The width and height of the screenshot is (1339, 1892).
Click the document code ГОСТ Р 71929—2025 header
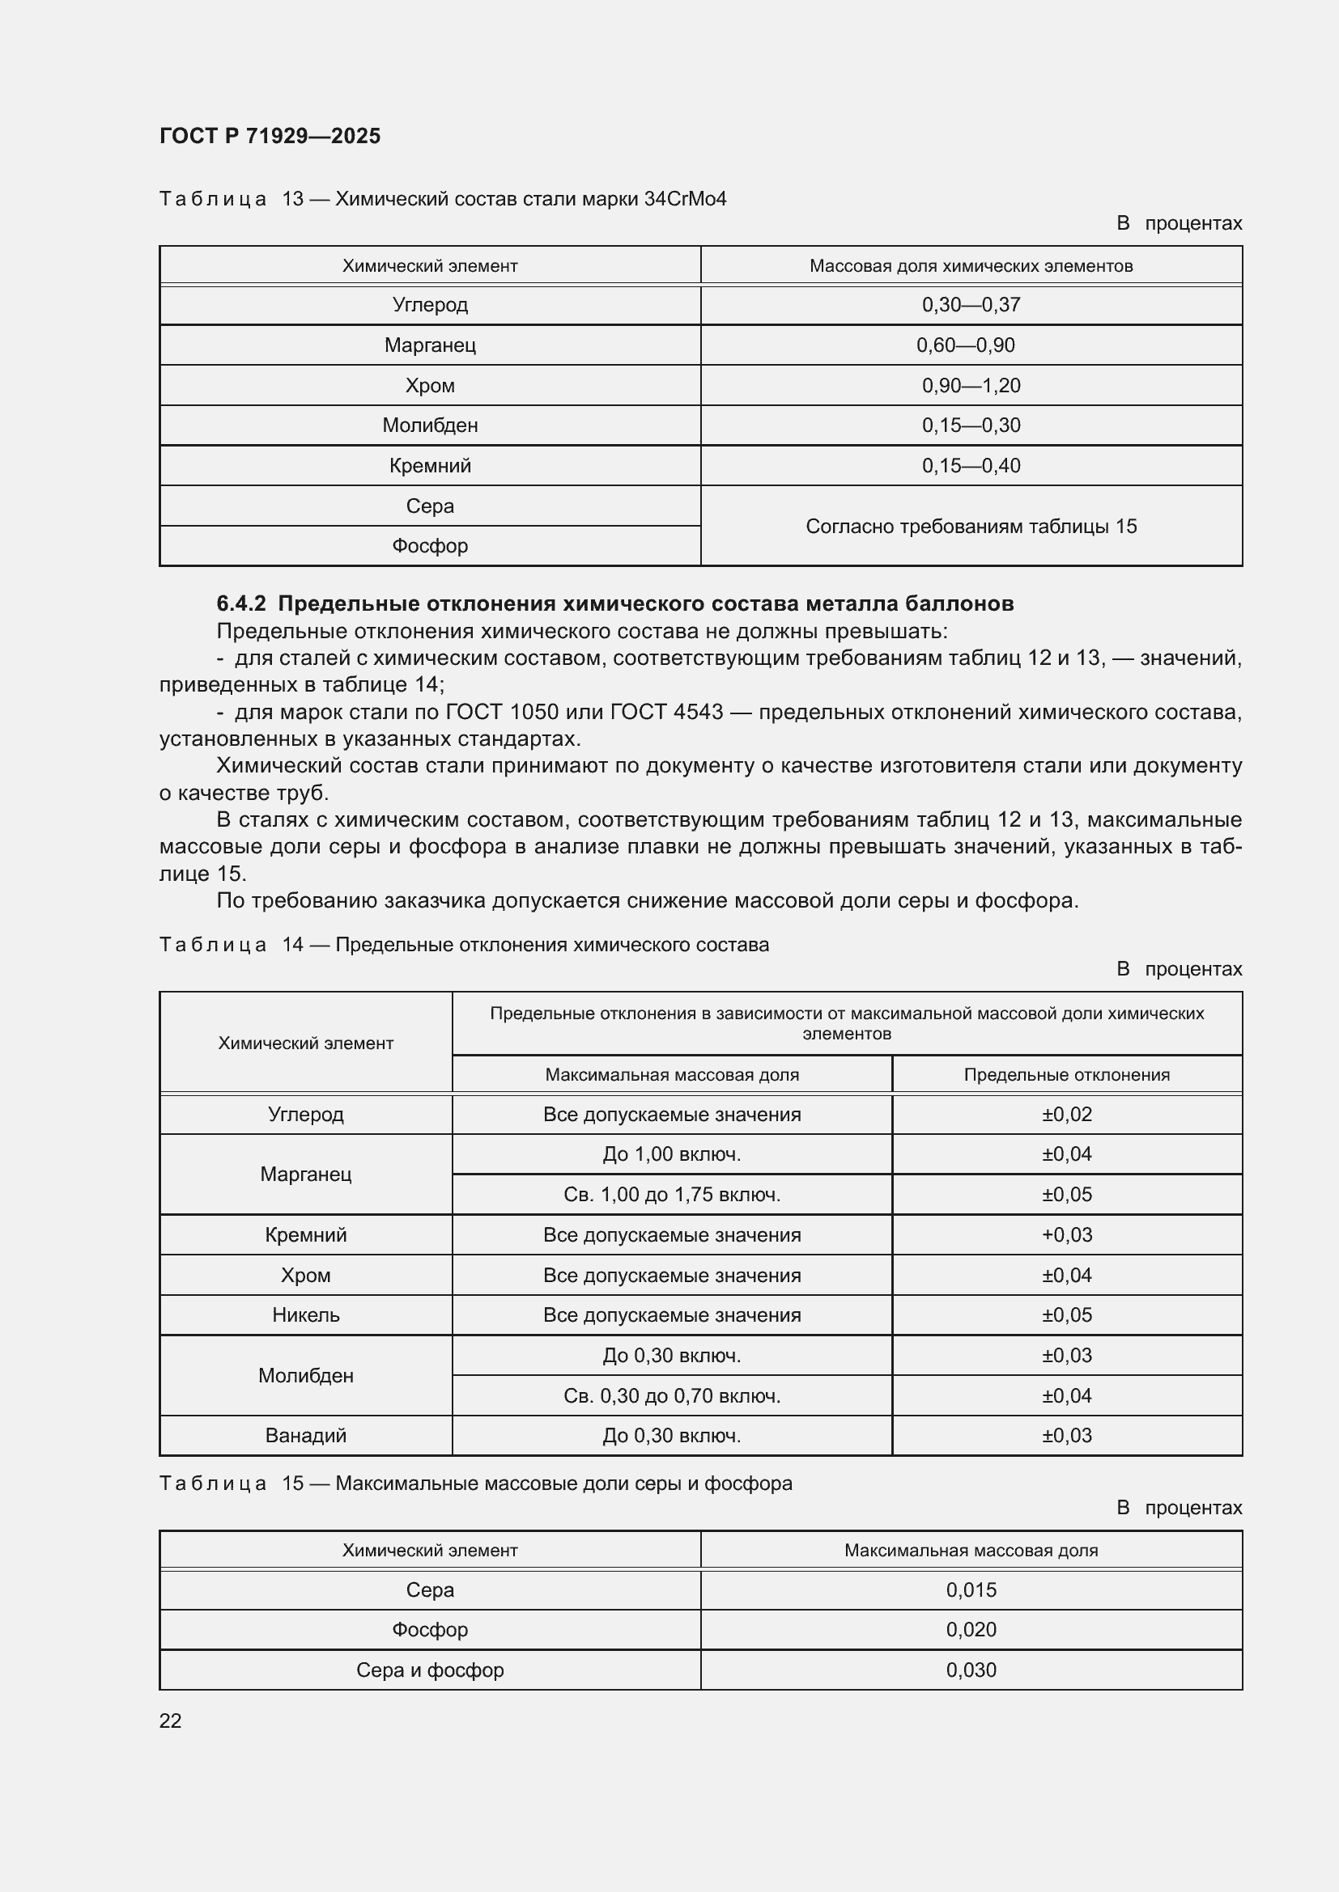click(x=270, y=136)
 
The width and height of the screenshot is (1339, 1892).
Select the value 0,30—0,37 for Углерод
click(x=971, y=305)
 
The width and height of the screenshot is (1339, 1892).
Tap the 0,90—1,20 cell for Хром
click(x=971, y=386)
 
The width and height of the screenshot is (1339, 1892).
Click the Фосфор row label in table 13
click(x=430, y=545)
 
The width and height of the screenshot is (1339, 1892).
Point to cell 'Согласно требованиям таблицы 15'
click(x=971, y=526)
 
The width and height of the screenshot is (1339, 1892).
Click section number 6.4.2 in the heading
click(x=240, y=603)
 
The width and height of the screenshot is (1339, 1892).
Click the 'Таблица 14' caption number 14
click(x=293, y=944)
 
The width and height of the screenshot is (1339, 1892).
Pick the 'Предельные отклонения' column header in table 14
click(x=1066, y=1074)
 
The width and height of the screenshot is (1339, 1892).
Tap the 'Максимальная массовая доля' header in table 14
click(x=671, y=1074)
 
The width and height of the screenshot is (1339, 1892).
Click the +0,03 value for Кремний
click(x=1066, y=1234)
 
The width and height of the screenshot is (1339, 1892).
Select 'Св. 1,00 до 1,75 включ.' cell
click(x=671, y=1194)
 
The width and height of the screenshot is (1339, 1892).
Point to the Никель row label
click(x=306, y=1314)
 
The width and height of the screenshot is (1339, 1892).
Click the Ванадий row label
click(x=306, y=1436)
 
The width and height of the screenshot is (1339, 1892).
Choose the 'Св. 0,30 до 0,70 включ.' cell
click(x=671, y=1395)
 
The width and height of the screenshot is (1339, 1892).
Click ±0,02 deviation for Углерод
click(x=1066, y=1114)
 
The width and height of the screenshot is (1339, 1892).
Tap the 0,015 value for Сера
click(x=971, y=1589)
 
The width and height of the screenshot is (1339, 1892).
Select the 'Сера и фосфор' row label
click(x=430, y=1670)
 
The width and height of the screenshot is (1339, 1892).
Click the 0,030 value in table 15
click(x=971, y=1670)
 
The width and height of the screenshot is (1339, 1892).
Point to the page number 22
click(x=171, y=1721)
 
